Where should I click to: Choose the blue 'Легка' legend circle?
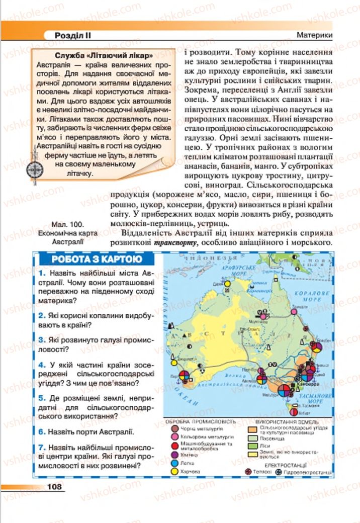pos(174,462)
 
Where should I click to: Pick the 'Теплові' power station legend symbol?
pos(247,472)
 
